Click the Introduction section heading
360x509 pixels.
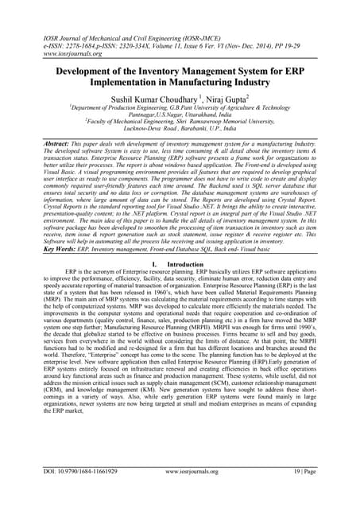[188, 285]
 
